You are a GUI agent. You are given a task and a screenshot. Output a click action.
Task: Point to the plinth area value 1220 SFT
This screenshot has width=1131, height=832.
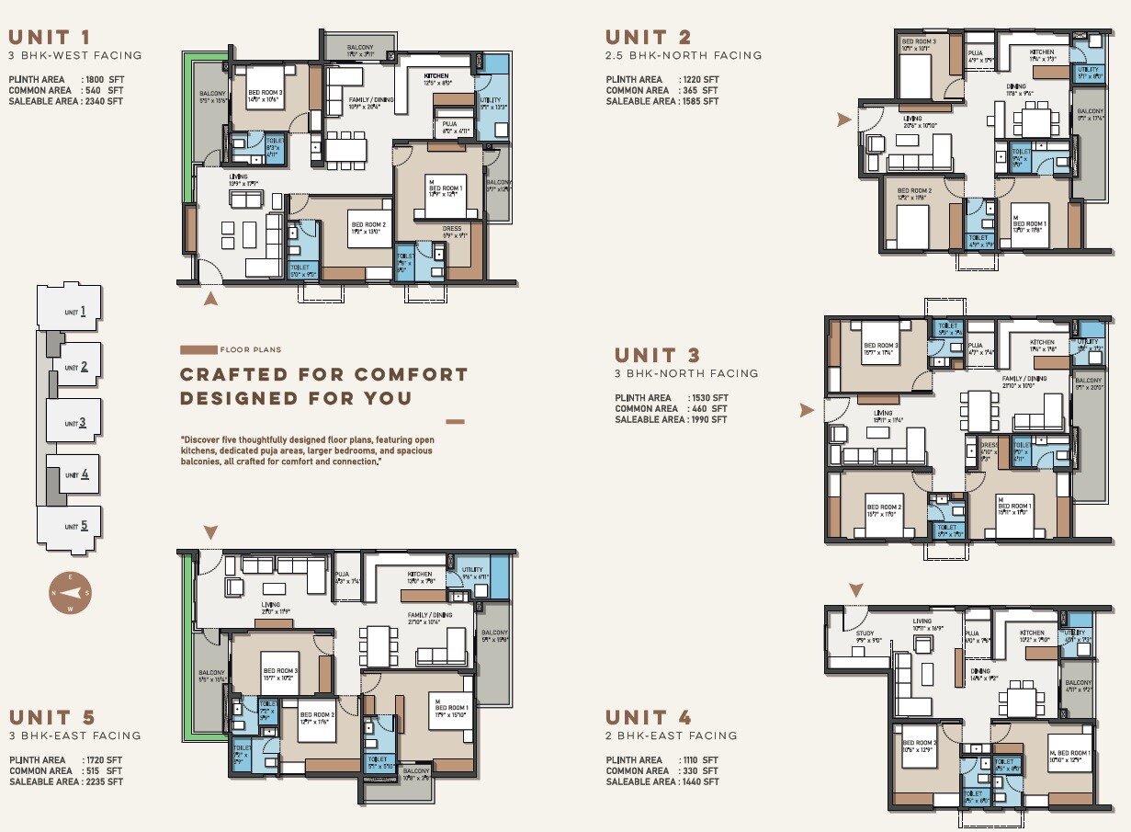[x=700, y=80]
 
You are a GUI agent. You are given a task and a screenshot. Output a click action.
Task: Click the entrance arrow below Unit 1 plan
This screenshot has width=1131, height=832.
[x=211, y=298]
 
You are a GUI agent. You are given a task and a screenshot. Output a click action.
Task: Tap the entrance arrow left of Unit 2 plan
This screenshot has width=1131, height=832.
[x=844, y=120]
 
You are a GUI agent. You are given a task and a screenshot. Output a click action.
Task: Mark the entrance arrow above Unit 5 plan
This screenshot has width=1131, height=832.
[x=211, y=532]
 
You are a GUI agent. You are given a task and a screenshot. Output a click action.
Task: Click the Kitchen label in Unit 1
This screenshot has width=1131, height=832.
[x=435, y=74]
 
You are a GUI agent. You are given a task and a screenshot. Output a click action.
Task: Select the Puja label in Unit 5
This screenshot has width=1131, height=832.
[x=342, y=574]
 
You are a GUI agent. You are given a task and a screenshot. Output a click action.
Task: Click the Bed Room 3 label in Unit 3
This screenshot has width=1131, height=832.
[x=880, y=346]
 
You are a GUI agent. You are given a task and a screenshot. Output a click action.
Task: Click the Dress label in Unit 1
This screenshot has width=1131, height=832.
[x=451, y=229]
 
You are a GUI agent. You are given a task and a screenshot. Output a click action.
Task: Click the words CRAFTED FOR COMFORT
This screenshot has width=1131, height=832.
[x=323, y=374]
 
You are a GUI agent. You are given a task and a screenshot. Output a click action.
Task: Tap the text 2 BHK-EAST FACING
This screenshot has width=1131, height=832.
[x=671, y=735]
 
